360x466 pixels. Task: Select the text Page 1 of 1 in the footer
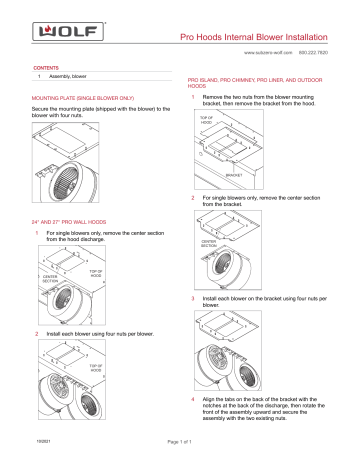pos(179,456)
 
